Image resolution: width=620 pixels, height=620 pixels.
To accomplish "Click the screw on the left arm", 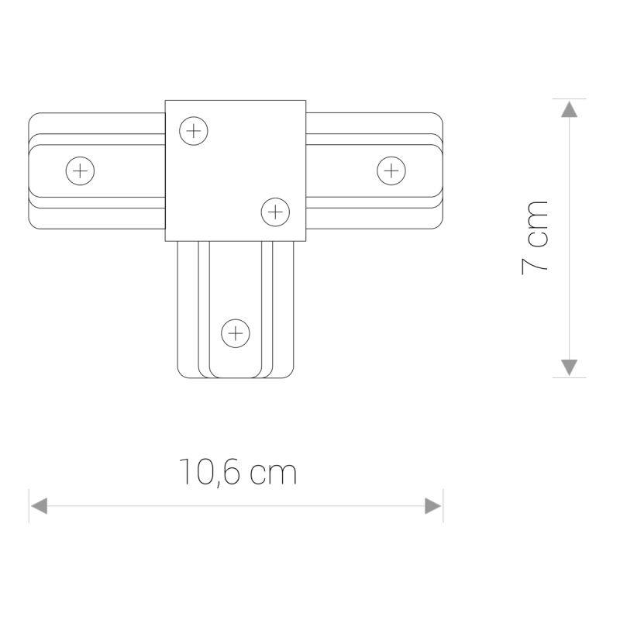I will (x=80, y=170).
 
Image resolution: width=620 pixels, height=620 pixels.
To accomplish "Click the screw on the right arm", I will (x=391, y=170).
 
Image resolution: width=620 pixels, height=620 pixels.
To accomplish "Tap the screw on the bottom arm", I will (x=236, y=334).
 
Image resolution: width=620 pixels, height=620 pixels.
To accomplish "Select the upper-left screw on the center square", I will (x=194, y=130).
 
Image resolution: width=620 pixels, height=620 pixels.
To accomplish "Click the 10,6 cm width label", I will (x=238, y=472).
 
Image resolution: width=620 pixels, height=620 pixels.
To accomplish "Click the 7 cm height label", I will (x=535, y=236).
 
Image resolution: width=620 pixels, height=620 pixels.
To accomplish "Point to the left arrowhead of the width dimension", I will (x=37, y=506).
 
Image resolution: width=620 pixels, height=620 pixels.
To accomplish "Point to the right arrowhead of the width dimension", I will (x=434, y=506).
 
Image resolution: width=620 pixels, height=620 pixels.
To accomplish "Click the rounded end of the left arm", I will (x=32, y=170).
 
